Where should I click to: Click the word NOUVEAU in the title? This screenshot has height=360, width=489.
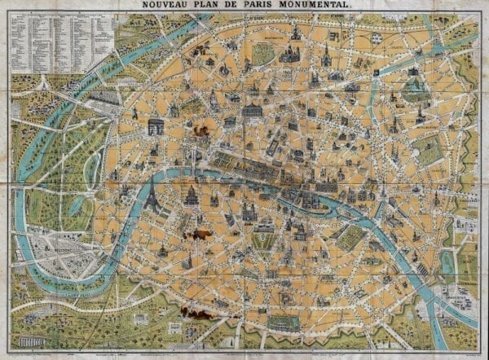coord(166,6)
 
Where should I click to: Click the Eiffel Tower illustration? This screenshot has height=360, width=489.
coord(152,195)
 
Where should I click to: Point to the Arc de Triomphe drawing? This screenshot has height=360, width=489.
coord(156,126)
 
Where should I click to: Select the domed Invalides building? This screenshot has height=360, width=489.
coord(192,196)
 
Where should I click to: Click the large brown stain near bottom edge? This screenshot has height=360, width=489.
coord(196,312)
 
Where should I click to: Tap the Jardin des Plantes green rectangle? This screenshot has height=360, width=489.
coord(350,236)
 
